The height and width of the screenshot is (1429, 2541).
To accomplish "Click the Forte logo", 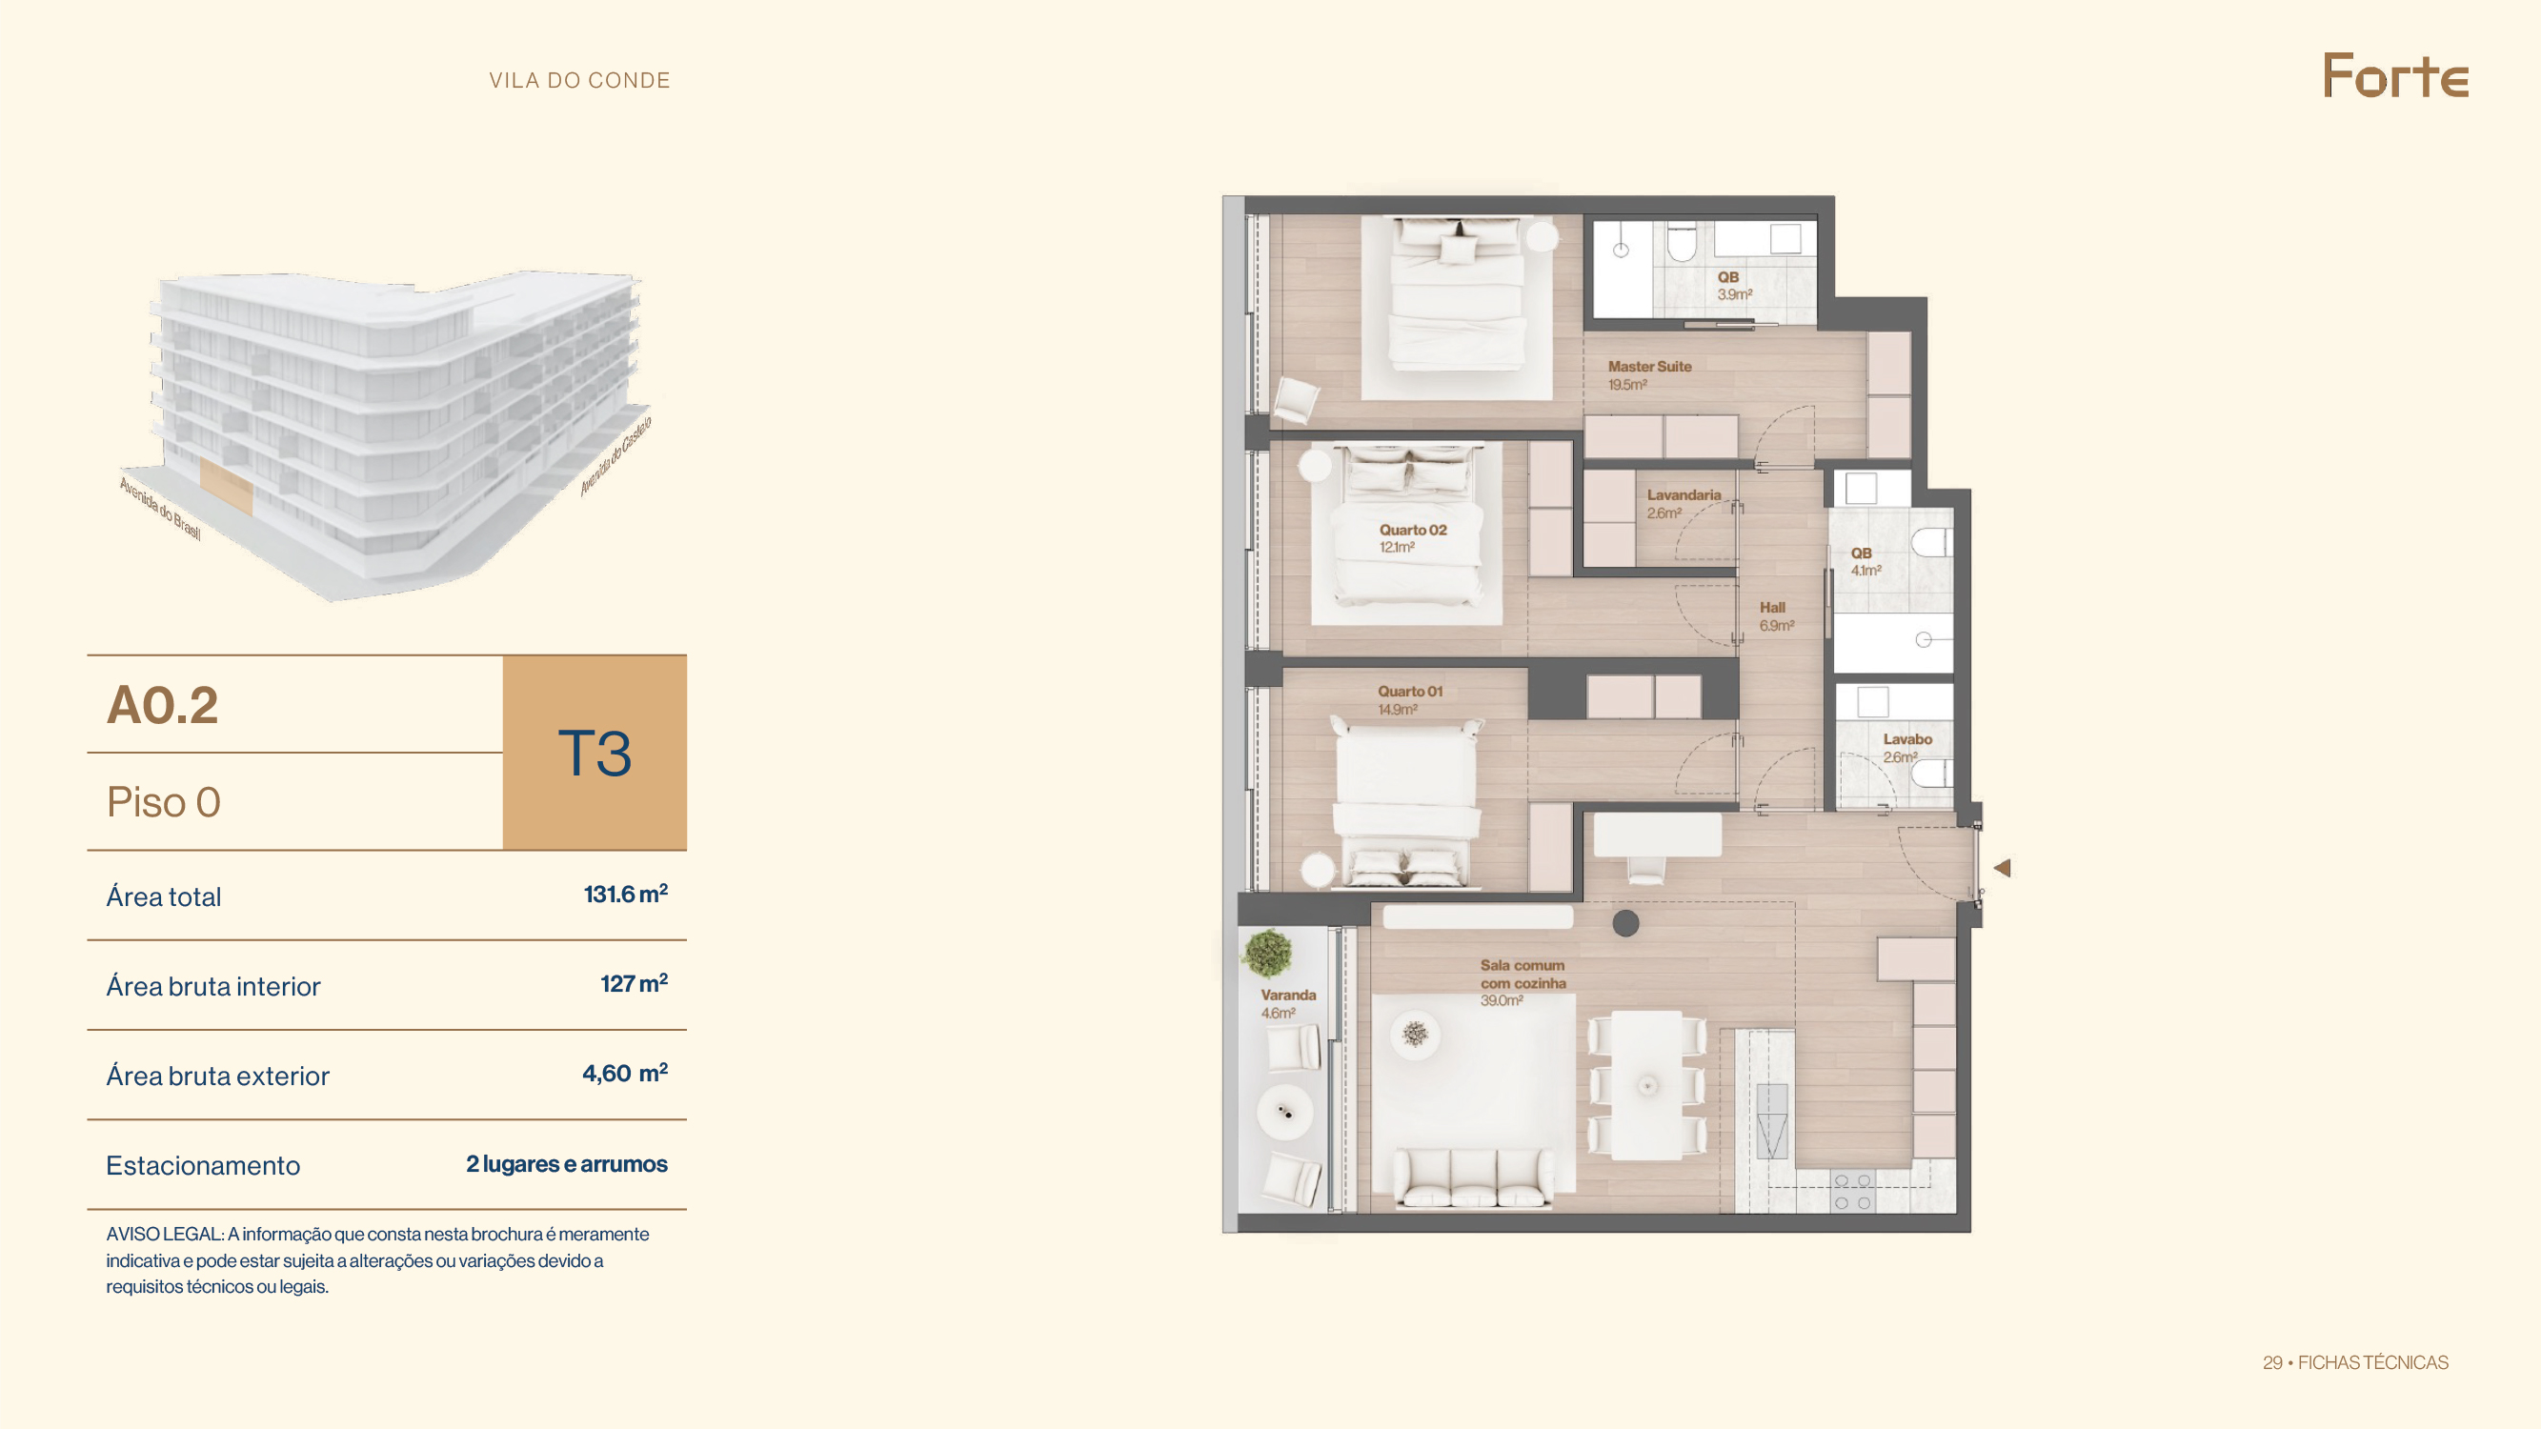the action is [2395, 76].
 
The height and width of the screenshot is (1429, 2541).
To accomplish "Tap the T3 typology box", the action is [595, 753].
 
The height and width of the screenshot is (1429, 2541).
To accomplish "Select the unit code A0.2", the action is [163, 705].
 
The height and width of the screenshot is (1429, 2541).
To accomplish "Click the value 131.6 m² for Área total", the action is [625, 894].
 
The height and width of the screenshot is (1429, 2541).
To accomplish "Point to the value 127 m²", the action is [634, 983].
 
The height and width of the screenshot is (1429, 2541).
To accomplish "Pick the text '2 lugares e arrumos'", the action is [566, 1164].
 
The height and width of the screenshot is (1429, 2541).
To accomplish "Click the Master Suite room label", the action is [1649, 366].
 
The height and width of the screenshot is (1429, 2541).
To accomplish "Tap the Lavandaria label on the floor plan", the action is [1684, 495].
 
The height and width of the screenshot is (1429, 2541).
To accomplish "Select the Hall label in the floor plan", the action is [1772, 608].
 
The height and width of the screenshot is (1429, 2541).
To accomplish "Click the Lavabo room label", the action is [1907, 738].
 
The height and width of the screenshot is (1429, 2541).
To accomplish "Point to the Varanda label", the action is [1288, 996].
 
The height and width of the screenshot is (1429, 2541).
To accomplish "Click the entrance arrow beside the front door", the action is [2003, 868].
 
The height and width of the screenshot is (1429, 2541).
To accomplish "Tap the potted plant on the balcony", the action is [1267, 954].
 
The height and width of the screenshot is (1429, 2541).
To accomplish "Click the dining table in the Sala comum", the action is [1646, 1085].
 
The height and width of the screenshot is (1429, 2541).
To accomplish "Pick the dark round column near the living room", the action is [1625, 923].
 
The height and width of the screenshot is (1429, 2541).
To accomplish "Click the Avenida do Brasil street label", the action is [160, 509].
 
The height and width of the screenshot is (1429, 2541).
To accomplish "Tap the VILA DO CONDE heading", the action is [580, 81].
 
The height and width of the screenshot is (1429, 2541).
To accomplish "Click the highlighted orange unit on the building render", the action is [227, 486].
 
